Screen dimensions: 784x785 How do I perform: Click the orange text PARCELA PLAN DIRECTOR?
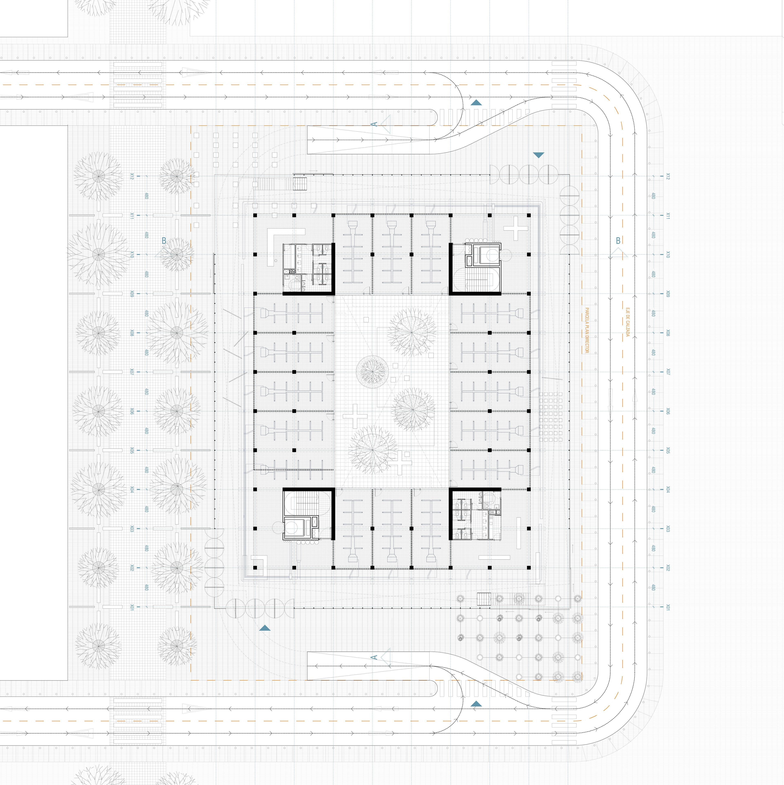point(587,330)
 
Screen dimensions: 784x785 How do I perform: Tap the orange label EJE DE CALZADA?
point(627,322)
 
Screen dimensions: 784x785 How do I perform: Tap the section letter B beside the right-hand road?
point(618,241)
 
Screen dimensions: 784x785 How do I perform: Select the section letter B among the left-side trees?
point(164,241)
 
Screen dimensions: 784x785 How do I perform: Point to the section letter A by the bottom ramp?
point(374,657)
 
